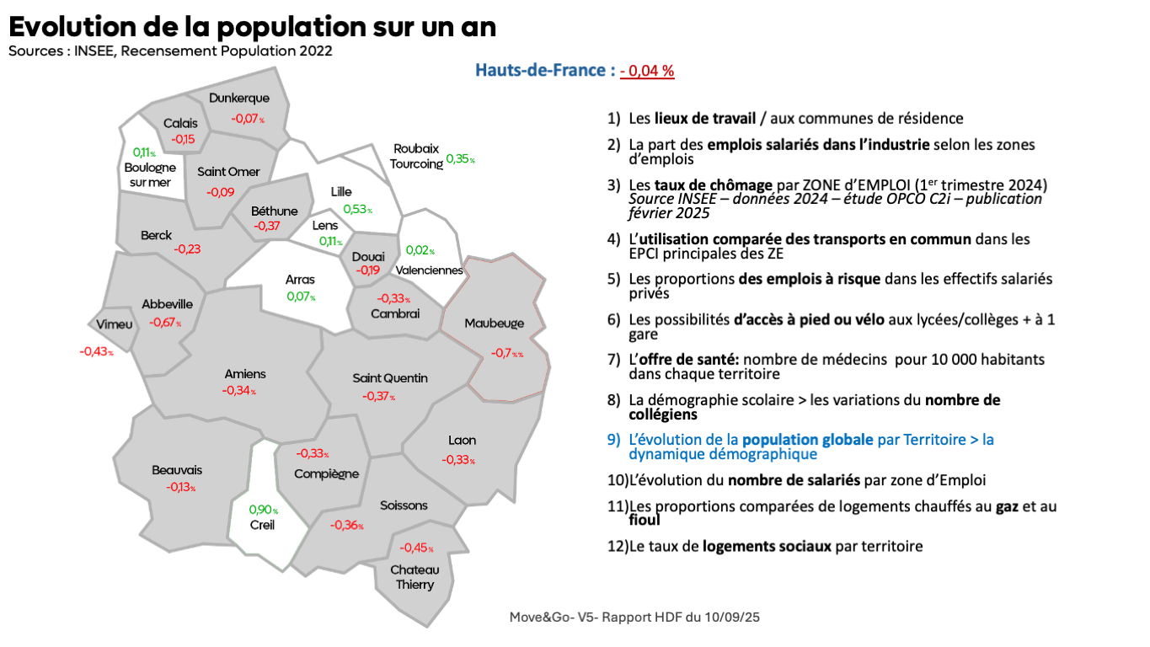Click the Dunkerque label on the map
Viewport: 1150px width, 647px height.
239,99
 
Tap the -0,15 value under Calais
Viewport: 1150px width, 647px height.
183,139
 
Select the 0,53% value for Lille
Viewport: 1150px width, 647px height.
357,210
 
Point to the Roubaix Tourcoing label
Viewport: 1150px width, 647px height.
416,157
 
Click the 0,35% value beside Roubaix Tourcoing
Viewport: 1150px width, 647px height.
460,158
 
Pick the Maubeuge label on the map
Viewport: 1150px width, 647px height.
494,323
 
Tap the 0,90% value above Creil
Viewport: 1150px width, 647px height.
263,510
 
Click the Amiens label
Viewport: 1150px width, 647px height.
245,374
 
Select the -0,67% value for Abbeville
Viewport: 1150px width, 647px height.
165,322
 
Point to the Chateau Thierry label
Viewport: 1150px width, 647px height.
415,577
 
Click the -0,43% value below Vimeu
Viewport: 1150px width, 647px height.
96,351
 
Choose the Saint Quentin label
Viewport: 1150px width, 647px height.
390,378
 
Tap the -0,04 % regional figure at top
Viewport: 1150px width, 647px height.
647,71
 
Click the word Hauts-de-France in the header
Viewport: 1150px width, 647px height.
539,70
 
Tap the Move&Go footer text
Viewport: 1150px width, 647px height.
634,618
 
